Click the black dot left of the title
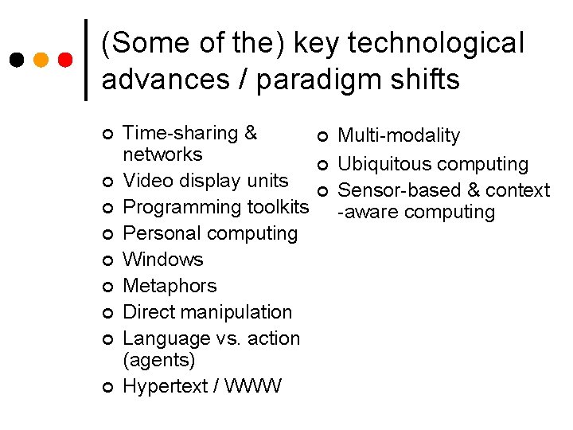tap(17, 61)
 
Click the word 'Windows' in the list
tap(163, 260)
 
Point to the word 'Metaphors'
tap(170, 286)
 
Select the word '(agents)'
tap(159, 360)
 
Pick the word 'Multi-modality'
tap(399, 136)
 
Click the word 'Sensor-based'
tap(394, 190)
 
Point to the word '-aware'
tap(364, 212)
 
